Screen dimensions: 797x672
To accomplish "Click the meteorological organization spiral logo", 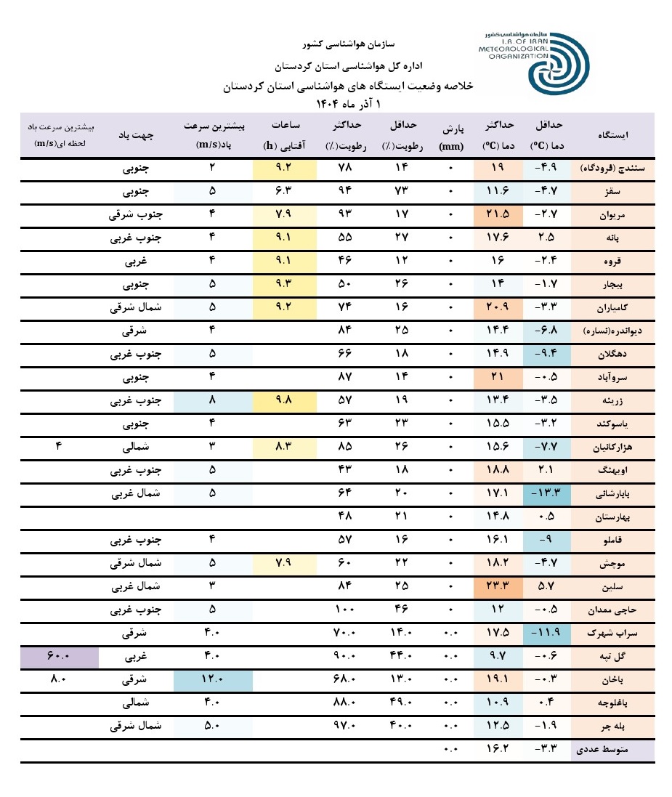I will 557,62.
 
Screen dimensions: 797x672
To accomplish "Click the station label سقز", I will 619,193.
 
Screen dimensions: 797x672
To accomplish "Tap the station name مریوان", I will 618,216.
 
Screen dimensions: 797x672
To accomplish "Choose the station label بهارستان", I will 615,517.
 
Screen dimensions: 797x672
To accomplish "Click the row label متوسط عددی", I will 615,749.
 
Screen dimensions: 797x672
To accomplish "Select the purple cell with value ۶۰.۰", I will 60,657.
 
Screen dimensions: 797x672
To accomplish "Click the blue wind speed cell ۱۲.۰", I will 213,680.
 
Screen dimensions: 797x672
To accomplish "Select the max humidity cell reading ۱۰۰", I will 345,610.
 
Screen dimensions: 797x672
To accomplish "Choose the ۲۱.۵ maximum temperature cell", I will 498,216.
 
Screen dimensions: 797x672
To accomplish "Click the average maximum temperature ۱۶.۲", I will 498,749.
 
